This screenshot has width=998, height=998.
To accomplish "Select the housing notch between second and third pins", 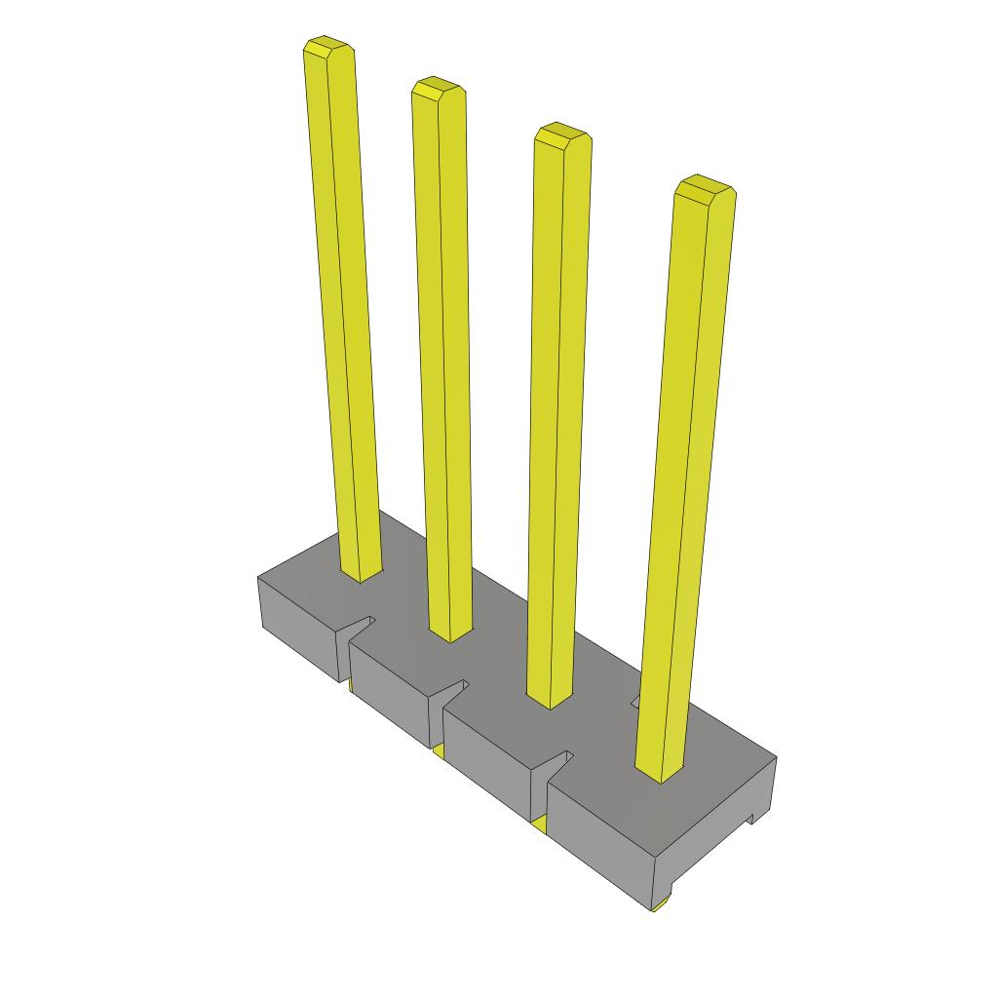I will pyautogui.click(x=454, y=689).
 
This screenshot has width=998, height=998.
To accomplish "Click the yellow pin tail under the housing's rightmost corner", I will pyautogui.click(x=660, y=905).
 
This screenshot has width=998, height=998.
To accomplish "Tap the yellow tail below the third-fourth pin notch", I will pyautogui.click(x=540, y=826).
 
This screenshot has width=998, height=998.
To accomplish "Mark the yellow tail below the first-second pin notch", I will pyautogui.click(x=348, y=686).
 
